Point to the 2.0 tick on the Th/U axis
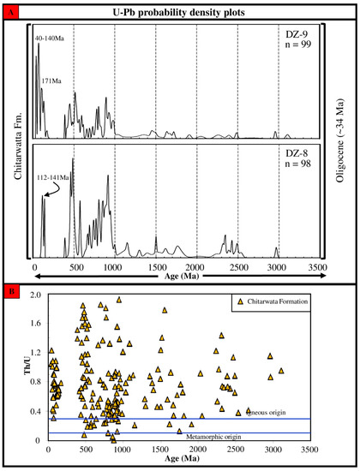[x=36, y=295]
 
